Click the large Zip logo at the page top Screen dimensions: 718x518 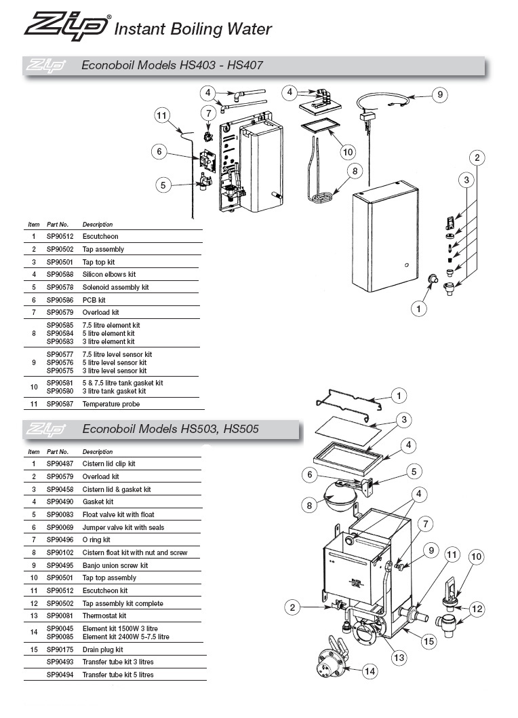coord(66,27)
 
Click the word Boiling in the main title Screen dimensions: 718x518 coord(192,29)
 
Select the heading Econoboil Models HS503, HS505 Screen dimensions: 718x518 coord(170,429)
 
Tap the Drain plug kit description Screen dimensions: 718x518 coord(103,649)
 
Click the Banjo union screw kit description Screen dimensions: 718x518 coord(115,565)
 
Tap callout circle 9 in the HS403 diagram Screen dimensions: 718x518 coord(439,94)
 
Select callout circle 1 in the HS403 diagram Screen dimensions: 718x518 coord(420,309)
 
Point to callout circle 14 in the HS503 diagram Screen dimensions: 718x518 coord(369,672)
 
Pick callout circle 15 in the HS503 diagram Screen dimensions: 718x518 coord(428,640)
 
